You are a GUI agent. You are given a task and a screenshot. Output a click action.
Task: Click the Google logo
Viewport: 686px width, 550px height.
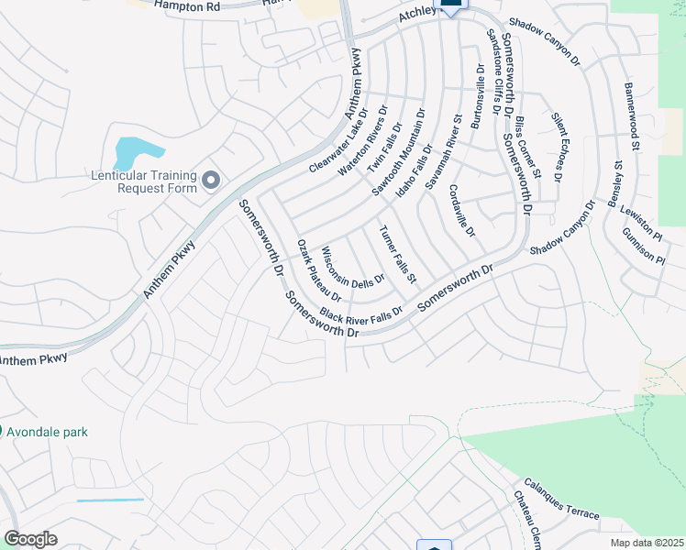[30, 539]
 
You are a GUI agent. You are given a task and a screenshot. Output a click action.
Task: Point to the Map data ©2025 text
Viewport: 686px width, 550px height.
[647, 543]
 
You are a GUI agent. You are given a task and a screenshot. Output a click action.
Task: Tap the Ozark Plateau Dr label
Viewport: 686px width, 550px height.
[319, 271]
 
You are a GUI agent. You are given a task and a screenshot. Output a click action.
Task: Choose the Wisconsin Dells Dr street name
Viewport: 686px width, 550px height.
[352, 267]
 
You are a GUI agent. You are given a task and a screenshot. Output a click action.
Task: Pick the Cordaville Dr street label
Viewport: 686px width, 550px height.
[461, 211]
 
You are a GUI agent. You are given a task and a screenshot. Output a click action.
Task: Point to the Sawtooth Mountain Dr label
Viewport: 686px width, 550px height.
[398, 152]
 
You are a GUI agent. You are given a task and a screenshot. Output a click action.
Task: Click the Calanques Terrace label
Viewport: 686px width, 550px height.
[561, 500]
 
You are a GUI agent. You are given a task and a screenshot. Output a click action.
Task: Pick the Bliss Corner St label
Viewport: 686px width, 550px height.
[527, 148]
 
